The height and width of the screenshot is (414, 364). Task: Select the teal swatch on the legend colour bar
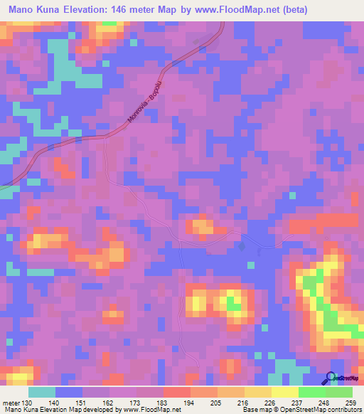point(42,392)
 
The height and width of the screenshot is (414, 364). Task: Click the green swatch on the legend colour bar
point(312,392)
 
